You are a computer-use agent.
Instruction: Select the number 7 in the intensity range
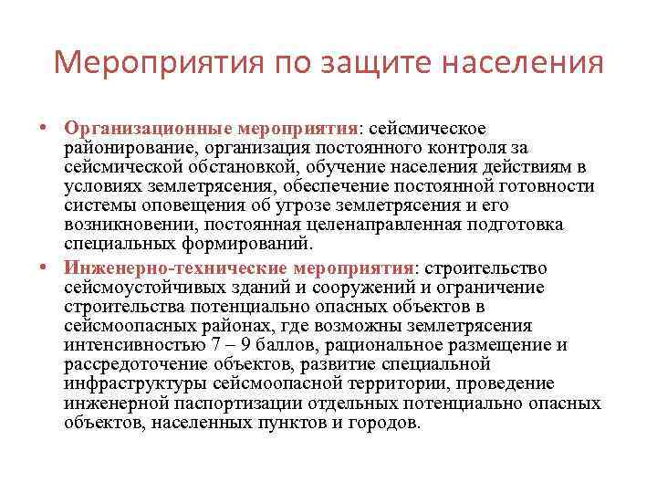pos(216,345)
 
